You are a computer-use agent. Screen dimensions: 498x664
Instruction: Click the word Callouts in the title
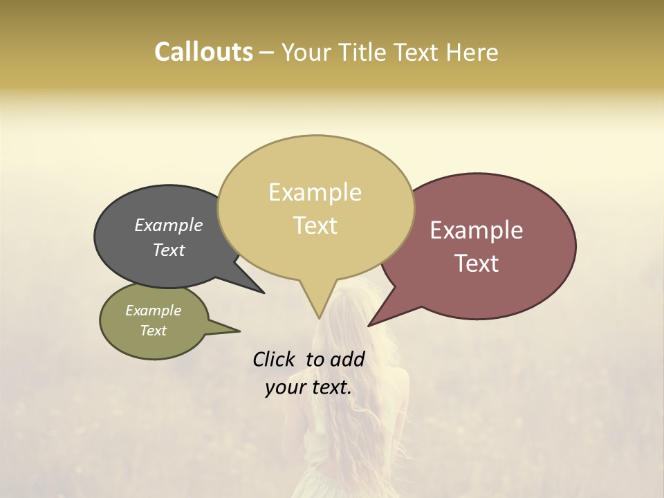203,52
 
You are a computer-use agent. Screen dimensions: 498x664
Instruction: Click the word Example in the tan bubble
315,192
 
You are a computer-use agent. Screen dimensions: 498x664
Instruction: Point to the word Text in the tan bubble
315,225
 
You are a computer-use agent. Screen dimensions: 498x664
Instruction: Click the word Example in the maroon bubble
477,230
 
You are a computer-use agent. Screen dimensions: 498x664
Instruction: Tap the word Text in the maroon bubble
477,264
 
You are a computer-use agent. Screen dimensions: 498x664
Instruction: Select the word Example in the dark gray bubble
169,225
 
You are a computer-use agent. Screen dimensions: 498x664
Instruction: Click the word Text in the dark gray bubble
169,250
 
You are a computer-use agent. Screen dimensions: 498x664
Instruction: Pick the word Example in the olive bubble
154,311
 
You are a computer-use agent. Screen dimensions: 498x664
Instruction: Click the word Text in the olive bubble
154,331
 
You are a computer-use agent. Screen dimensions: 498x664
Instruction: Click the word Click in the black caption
275,359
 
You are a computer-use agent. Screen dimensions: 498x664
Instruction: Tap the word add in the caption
347,359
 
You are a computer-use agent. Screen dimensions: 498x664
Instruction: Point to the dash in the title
267,53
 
